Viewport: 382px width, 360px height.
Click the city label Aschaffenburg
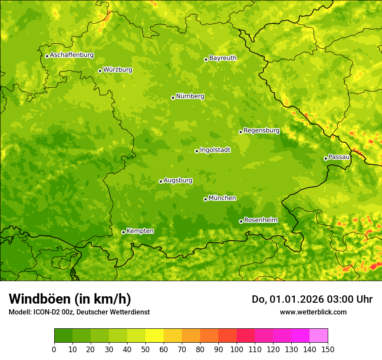[72, 55]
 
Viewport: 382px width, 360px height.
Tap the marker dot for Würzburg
[100, 71]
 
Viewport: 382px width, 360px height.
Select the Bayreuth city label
[223, 58]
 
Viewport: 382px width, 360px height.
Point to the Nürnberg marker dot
[173, 98]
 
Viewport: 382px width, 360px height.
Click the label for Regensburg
[261, 131]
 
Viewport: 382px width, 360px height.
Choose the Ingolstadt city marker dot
[197, 151]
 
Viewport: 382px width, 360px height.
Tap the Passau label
[339, 157]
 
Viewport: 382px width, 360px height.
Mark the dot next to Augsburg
[161, 181]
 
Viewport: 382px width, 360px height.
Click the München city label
[222, 198]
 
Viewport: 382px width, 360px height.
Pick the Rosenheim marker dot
[241, 221]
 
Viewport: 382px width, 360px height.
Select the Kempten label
[140, 231]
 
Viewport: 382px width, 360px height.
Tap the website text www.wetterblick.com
[313, 312]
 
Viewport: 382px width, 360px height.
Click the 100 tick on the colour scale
[237, 349]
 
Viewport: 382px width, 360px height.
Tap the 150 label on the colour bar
[328, 349]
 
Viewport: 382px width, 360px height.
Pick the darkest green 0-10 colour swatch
[63, 336]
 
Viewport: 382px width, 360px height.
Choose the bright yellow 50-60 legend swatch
[155, 336]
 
